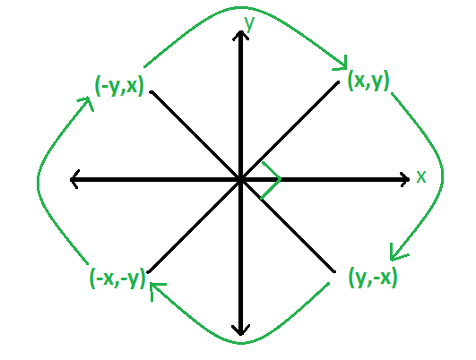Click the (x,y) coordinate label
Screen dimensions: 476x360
pyautogui.click(x=368, y=81)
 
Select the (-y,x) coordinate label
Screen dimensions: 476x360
pyautogui.click(x=119, y=86)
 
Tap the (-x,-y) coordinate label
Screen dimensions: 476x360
pyautogui.click(x=117, y=279)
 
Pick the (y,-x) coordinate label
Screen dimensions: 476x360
pyautogui.click(x=373, y=278)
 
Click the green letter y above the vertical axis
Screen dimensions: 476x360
pyautogui.click(x=249, y=23)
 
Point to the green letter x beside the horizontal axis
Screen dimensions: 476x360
pyautogui.click(x=421, y=176)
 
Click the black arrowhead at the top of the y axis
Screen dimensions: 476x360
pyautogui.click(x=241, y=35)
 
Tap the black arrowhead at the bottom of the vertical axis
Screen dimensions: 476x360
pyautogui.click(x=241, y=330)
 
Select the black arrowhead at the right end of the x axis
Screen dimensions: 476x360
pyautogui.click(x=405, y=179)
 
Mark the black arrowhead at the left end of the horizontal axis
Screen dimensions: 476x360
pyautogui.click(x=74, y=179)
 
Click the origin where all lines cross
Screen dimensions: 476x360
pyautogui.click(x=241, y=179)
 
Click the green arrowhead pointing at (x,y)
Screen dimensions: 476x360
pyautogui.click(x=342, y=65)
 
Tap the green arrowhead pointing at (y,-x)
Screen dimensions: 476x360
pyautogui.click(x=395, y=254)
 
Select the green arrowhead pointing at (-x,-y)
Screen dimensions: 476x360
pyautogui.click(x=155, y=288)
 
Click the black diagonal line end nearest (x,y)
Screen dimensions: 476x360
pyautogui.click(x=338, y=81)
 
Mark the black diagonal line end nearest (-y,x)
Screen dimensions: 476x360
pyautogui.click(x=151, y=91)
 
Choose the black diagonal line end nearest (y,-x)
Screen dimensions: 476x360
pyautogui.click(x=334, y=271)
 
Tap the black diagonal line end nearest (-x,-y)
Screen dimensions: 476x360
pyautogui.click(x=148, y=272)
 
